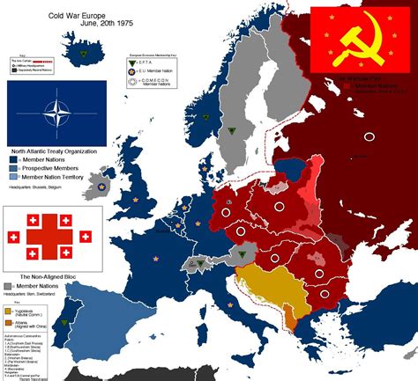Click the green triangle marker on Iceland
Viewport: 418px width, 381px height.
click(x=83, y=54)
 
